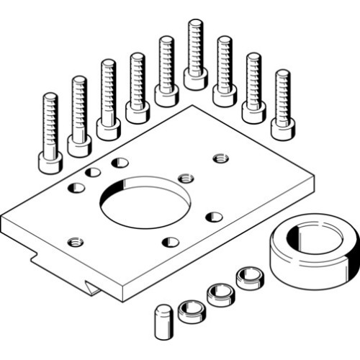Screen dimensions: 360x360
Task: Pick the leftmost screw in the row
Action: coord(50,133)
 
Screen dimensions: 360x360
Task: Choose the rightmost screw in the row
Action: coord(282,105)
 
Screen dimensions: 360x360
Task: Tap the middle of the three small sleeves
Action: coord(219,293)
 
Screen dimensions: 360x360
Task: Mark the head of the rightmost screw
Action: coord(282,127)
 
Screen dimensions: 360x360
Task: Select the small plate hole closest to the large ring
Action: coord(213,216)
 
